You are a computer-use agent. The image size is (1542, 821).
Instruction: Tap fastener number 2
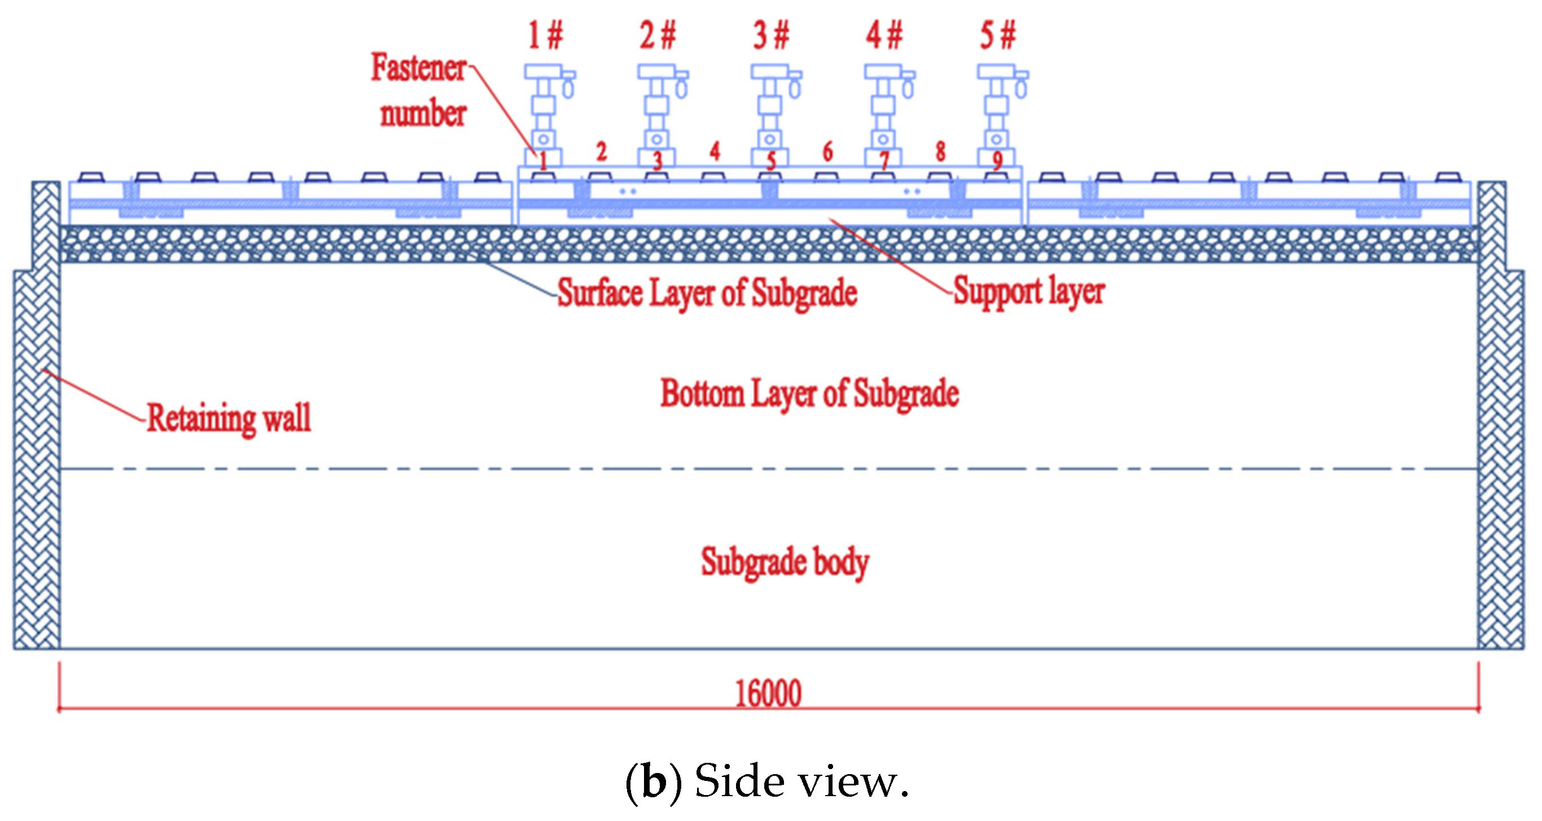[x=602, y=151]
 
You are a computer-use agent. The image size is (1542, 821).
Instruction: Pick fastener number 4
[x=715, y=151]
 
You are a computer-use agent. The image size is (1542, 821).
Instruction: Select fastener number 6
[x=828, y=151]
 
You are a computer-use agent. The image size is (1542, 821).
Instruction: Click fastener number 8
[x=940, y=151]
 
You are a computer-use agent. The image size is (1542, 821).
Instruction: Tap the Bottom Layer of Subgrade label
[x=809, y=394]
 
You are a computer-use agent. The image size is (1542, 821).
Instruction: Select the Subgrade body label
[x=785, y=562]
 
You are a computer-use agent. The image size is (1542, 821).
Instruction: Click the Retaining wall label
[x=229, y=418]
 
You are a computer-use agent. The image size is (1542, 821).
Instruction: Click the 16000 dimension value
[x=768, y=693]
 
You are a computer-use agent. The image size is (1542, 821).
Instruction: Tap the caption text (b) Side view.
[x=767, y=782]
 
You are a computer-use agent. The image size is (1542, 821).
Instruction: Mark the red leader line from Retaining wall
[x=96, y=395]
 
